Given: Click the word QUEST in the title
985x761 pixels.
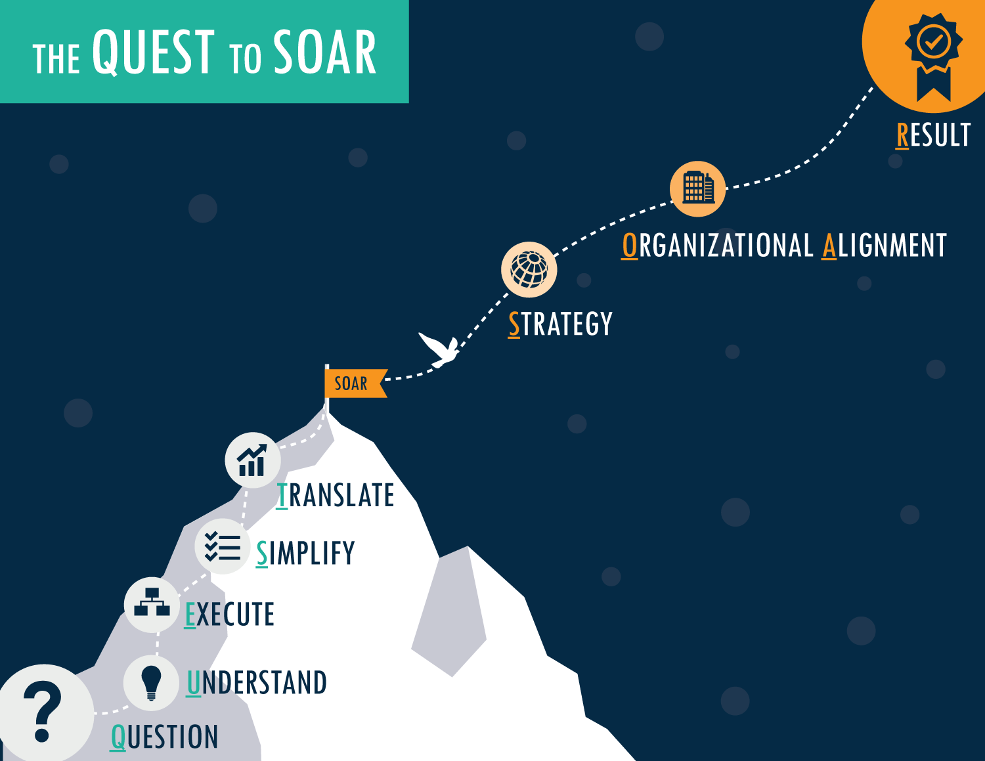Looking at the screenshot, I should click(153, 53).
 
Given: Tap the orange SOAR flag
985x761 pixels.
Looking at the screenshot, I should click(353, 383).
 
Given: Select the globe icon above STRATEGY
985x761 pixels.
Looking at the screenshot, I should click(529, 269).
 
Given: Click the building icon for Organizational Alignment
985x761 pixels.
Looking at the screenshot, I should click(697, 188).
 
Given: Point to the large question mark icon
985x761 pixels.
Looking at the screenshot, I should click(42, 710).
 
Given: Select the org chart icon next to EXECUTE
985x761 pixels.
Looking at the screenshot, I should click(152, 603).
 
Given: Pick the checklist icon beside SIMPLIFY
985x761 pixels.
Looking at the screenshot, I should click(222, 546).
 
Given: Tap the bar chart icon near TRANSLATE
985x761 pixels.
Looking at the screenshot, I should click(252, 460).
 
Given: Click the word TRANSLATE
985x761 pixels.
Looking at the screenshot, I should click(335, 496).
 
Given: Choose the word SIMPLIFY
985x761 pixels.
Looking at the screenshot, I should click(305, 554).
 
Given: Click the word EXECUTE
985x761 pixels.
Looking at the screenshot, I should click(229, 615).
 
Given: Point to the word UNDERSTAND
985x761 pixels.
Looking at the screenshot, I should click(257, 683).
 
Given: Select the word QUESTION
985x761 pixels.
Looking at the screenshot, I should click(164, 737).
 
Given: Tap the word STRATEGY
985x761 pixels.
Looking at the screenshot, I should click(560, 324).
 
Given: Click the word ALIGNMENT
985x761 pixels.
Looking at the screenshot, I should click(885, 246).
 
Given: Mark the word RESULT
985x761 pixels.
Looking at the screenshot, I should click(933, 135).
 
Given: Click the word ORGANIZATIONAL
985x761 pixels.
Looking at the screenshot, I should click(718, 246).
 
